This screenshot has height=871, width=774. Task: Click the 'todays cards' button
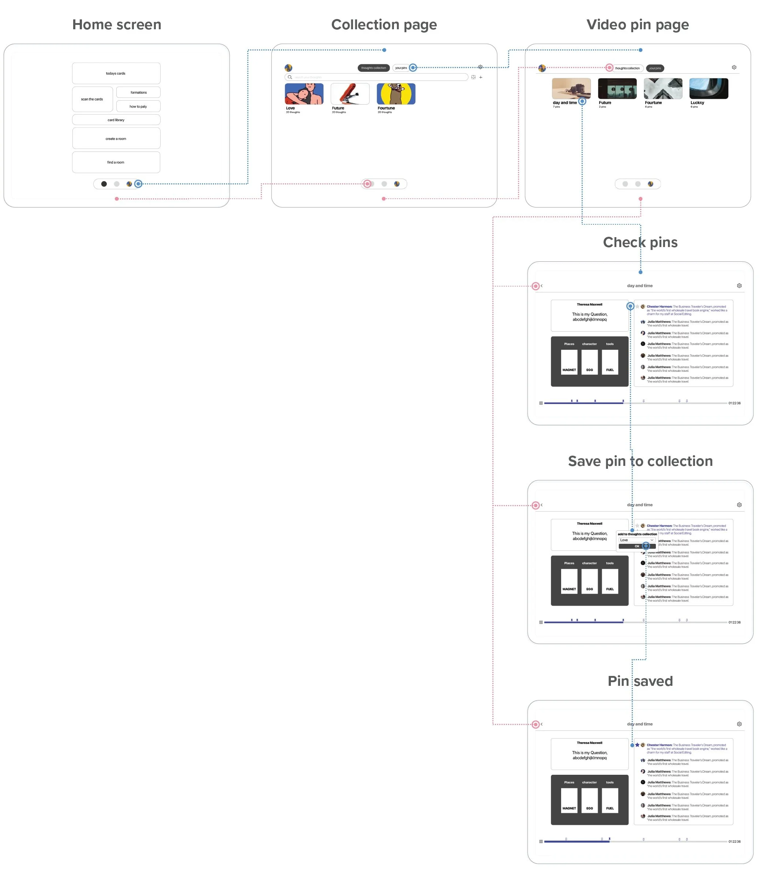point(116,73)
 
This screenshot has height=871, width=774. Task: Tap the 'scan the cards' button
point(92,99)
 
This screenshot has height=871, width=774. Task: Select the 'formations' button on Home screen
point(138,93)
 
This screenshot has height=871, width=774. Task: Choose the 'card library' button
point(116,120)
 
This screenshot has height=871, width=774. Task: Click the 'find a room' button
point(116,162)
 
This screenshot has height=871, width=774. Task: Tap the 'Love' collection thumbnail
point(304,94)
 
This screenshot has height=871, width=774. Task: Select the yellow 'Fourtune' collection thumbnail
point(396,94)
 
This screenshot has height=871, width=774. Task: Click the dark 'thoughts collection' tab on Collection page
point(373,68)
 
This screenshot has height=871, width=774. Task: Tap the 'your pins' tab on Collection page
point(401,68)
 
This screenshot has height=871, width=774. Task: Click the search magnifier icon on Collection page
point(290,77)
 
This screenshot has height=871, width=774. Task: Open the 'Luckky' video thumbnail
point(709,89)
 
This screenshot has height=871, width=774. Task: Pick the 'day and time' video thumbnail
point(571,89)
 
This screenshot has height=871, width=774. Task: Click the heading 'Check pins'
point(640,242)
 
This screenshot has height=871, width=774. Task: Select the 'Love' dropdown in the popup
point(636,540)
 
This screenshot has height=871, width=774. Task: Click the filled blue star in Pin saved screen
point(637,745)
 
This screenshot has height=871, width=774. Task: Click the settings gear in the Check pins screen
point(739,285)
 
